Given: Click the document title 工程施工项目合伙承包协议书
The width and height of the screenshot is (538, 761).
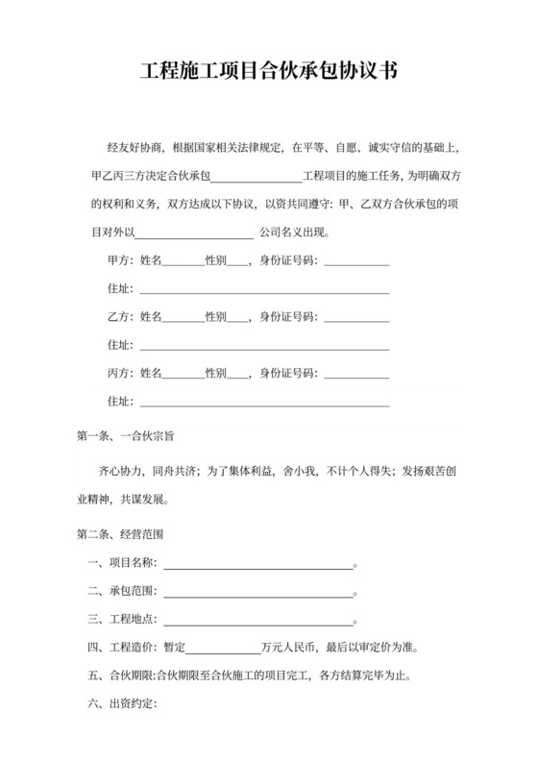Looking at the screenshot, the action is tap(269, 71).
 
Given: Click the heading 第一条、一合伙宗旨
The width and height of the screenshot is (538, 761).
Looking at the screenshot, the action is tap(125, 435).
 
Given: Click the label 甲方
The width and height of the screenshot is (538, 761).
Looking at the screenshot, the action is tap(119, 260).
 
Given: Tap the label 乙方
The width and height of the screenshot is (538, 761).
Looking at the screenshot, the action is tap(119, 316).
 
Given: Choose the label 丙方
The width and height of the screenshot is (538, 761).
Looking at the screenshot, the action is tap(119, 372).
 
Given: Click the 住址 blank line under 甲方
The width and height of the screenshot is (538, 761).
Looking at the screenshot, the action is tap(264, 288).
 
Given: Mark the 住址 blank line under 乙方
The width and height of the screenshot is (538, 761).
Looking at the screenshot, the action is tap(264, 344).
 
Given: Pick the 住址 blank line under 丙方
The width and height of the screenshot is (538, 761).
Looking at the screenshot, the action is tap(264, 400).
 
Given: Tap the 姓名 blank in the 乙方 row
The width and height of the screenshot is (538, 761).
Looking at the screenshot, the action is tap(183, 316).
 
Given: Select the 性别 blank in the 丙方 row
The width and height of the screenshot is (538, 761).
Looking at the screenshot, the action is tap(237, 372).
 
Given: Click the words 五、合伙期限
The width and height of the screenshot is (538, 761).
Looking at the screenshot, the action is tap(120, 675).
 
